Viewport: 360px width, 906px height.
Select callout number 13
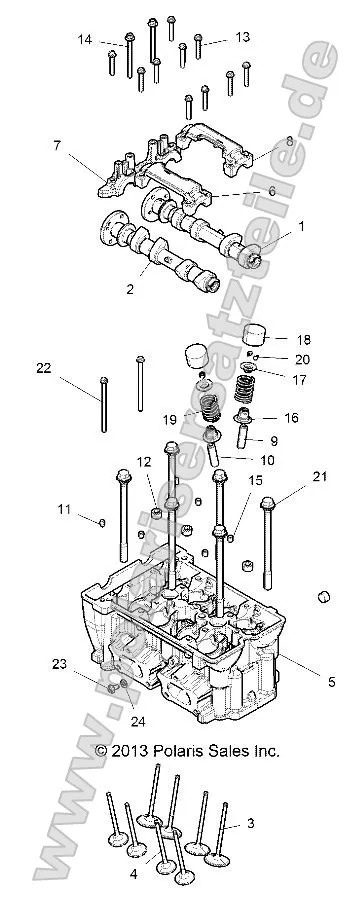coord(243,36)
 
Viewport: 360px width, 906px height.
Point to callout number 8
coord(290,142)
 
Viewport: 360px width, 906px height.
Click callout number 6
coord(270,190)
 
